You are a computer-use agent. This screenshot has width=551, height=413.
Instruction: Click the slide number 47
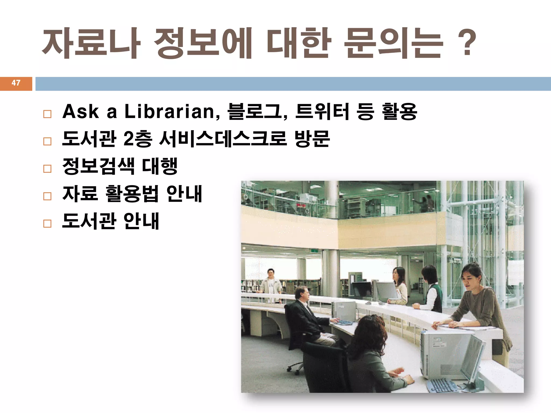pyautogui.click(x=16, y=83)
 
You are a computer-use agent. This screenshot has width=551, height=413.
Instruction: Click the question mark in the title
pyautogui.click(x=467, y=43)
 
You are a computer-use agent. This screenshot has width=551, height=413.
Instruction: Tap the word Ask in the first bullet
pyautogui.click(x=80, y=111)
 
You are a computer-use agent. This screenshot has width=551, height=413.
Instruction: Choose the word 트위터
pyautogui.click(x=322, y=111)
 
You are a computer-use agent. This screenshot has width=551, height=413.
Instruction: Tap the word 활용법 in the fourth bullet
pyautogui.click(x=132, y=194)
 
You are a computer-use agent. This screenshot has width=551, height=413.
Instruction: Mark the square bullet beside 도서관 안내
pyautogui.click(x=47, y=223)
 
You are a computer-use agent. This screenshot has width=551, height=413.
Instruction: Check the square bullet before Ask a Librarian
pyautogui.click(x=47, y=114)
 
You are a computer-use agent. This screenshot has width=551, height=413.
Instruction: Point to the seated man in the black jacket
pyautogui.click(x=305, y=317)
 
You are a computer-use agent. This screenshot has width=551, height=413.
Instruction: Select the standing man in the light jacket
pyautogui.click(x=271, y=285)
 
